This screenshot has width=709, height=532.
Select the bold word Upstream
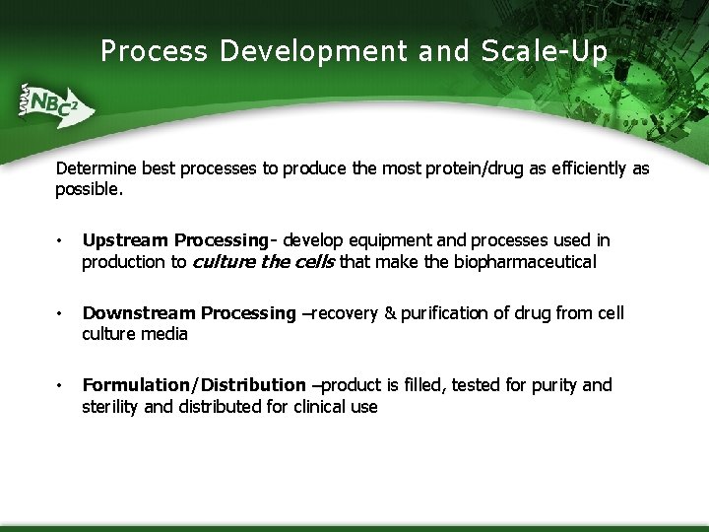[x=125, y=240]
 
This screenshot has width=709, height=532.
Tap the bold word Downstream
[x=139, y=313]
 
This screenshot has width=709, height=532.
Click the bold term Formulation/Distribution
[x=194, y=385]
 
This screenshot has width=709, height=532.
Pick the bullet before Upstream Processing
[x=61, y=241]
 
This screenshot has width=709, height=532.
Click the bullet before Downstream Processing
[x=61, y=314]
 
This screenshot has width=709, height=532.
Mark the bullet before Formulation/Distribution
[x=61, y=386]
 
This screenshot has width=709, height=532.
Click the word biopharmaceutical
[x=525, y=262]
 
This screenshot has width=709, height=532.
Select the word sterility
[x=110, y=407]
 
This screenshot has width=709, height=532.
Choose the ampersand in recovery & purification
[x=390, y=313]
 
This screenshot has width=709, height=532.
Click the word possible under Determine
[x=89, y=189]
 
